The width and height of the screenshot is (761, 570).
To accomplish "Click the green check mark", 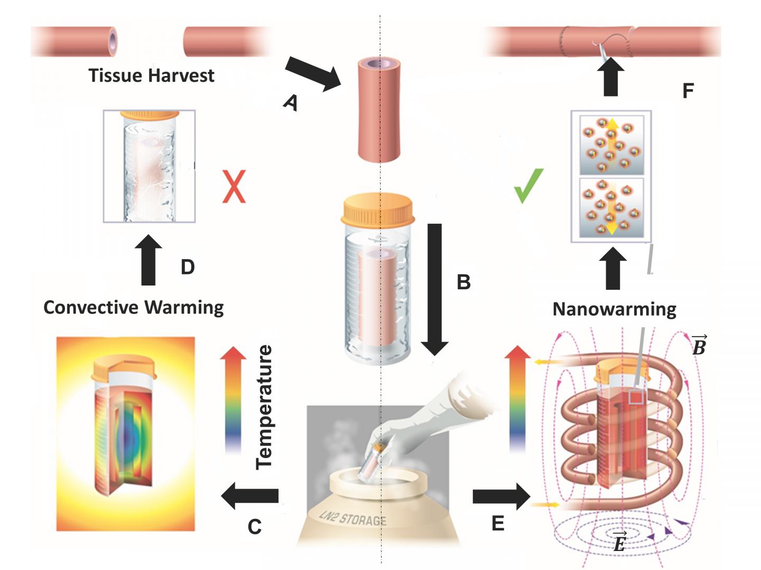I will pos(528,186).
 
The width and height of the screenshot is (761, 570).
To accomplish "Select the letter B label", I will pos(463,282).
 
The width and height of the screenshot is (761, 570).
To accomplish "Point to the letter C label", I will pos(255,526).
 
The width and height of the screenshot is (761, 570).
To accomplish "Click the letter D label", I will pos(188,267).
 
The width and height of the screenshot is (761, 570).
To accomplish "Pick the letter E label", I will pos(498,523).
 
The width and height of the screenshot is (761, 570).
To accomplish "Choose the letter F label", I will pos(688,91).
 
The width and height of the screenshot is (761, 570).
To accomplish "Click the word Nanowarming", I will pos(614,309).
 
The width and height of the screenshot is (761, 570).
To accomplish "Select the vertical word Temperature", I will pos(264,406).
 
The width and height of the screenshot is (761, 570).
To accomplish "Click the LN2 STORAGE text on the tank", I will pos(353,518).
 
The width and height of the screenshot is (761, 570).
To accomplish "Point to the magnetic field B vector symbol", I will pos(699,346).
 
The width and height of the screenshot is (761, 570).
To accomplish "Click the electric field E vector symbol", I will pos(619,541).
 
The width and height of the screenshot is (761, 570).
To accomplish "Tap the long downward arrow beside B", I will pos(434,288).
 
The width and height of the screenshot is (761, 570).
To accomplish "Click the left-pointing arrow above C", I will pos(249,496).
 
